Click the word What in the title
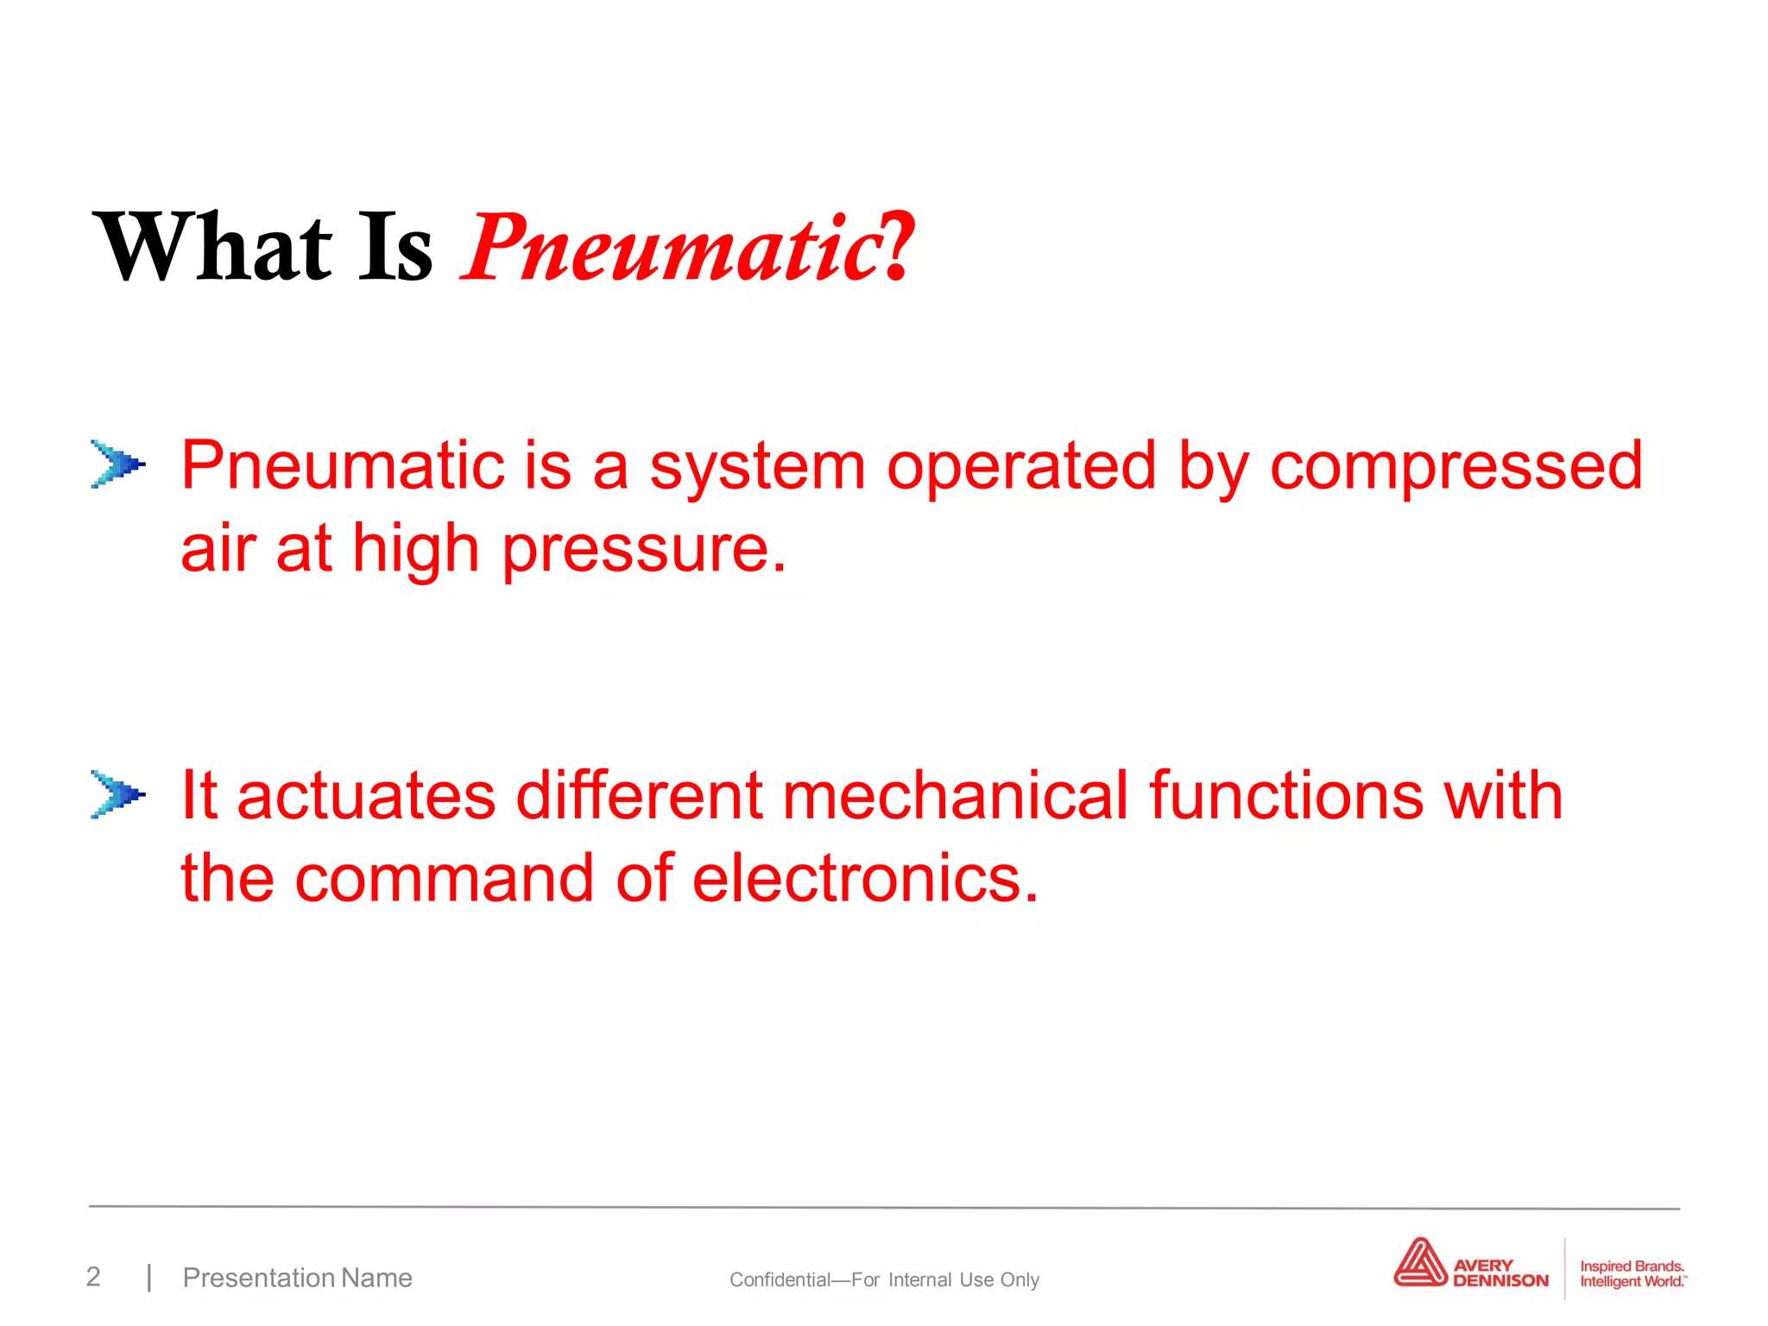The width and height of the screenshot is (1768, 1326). [x=212, y=248]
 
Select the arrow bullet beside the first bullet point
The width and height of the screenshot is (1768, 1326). [x=117, y=464]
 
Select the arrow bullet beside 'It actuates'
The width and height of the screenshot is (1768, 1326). [x=117, y=794]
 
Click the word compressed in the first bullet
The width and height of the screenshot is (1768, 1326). [x=1455, y=466]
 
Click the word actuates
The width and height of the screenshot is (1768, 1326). [x=366, y=796]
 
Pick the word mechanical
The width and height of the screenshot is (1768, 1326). [x=955, y=796]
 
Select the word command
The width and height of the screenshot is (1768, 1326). [x=444, y=879]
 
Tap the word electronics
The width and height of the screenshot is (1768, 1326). [x=865, y=879]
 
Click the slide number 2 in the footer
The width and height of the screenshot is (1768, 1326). [x=93, y=1277]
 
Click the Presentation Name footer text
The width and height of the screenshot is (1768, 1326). [x=297, y=1278]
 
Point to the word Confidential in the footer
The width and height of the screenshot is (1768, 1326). [x=780, y=1279]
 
